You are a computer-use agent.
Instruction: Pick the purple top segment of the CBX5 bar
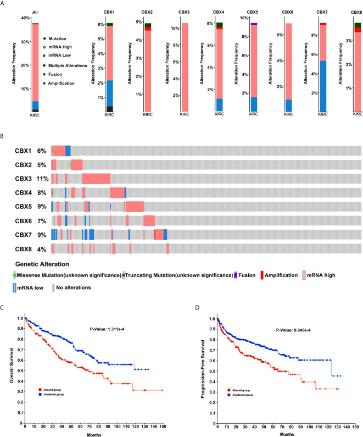254,24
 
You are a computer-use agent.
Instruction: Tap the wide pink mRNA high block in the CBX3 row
96,178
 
